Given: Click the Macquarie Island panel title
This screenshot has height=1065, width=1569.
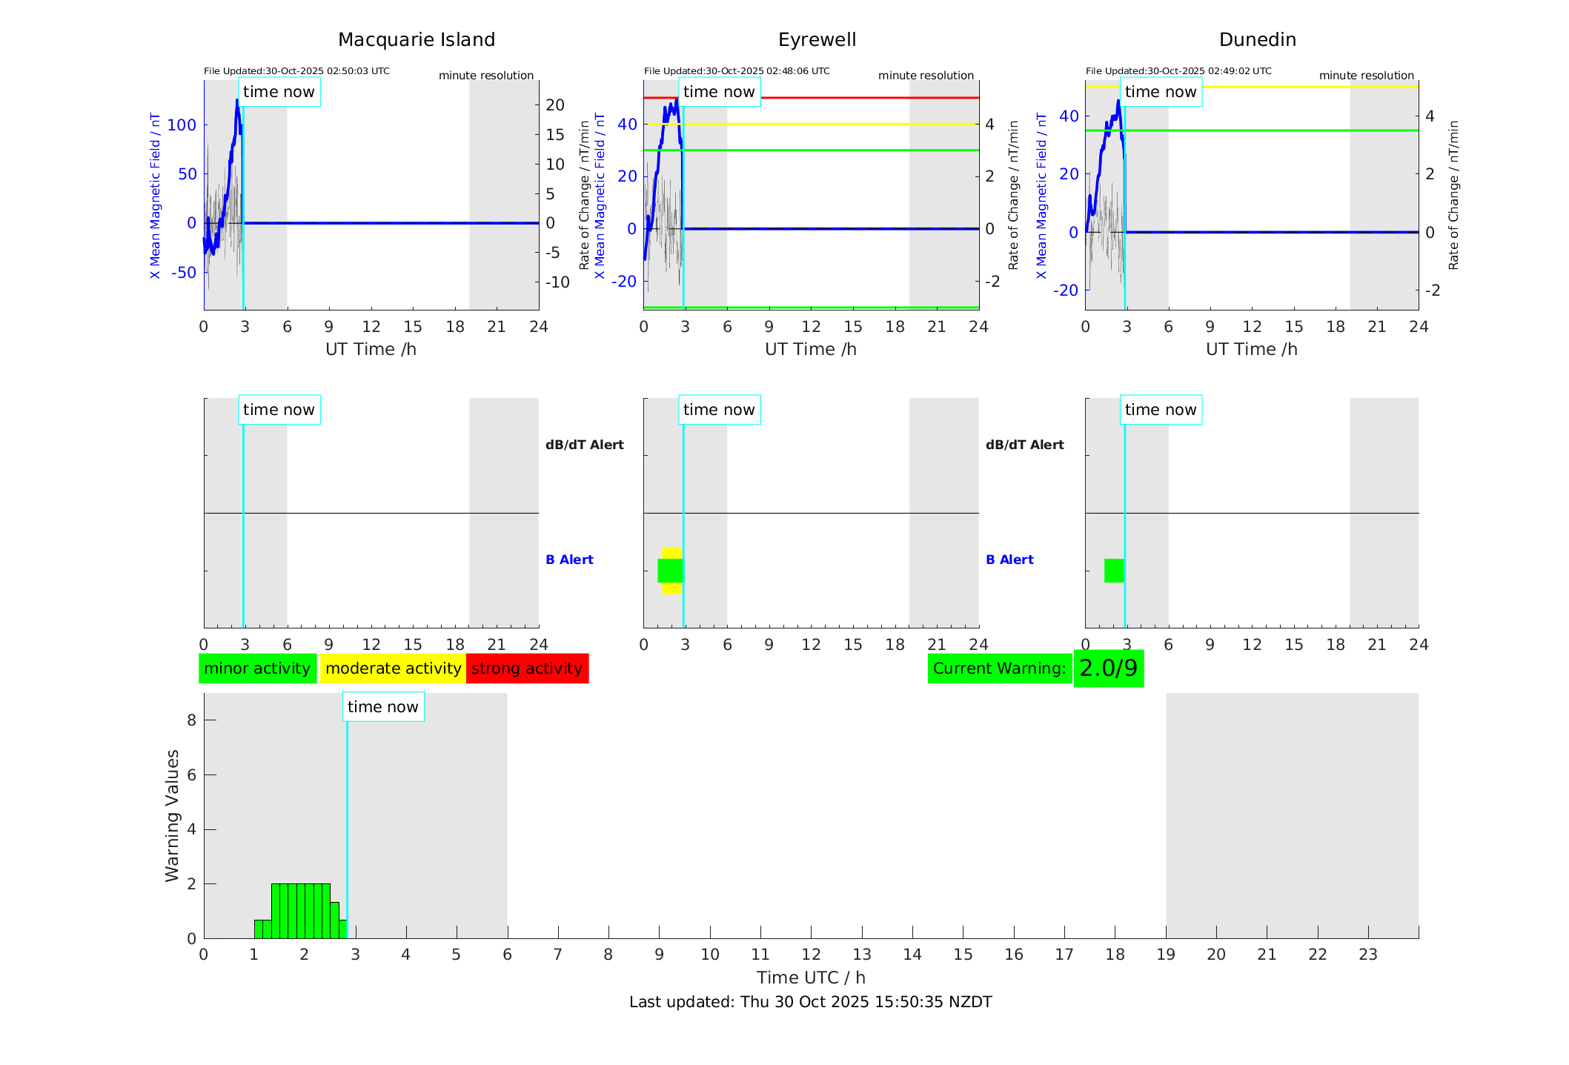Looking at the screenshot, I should tap(416, 40).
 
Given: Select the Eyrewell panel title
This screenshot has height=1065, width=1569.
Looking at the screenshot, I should tap(817, 40).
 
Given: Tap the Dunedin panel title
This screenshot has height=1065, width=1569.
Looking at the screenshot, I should tap(1257, 40).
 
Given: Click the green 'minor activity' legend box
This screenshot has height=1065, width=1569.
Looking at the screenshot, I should tap(257, 668).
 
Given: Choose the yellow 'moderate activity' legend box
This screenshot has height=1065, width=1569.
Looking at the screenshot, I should tap(393, 668).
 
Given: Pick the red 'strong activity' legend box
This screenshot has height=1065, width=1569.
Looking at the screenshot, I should tap(527, 668).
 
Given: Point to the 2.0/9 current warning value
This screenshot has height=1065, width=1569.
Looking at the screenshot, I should tap(1108, 668).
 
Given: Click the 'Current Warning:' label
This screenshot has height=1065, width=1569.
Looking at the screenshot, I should tap(999, 668).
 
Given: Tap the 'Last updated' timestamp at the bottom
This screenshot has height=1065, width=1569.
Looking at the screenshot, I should tap(810, 1002).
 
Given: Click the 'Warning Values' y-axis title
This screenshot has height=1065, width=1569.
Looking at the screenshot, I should tap(173, 815).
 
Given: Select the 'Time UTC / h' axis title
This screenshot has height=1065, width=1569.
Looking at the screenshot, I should tap(810, 978).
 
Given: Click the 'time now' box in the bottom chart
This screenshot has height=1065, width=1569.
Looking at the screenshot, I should tap(382, 707).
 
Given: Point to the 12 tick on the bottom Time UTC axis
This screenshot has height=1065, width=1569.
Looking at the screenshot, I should tap(811, 955).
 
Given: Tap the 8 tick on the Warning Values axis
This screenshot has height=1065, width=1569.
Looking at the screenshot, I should tap(191, 720).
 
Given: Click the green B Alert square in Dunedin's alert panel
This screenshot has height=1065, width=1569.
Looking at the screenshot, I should tap(1114, 571).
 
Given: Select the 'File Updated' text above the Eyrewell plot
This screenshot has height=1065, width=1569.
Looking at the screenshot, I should tap(737, 71).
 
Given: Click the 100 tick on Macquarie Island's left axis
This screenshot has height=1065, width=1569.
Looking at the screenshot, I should tap(182, 125).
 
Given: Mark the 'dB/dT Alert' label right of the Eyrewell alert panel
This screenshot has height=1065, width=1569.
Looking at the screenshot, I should tap(1024, 445).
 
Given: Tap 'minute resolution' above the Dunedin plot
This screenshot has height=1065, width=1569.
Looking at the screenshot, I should tap(1366, 76).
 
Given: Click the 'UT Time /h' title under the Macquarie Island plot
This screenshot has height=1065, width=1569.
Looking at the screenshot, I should tap(371, 349).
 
